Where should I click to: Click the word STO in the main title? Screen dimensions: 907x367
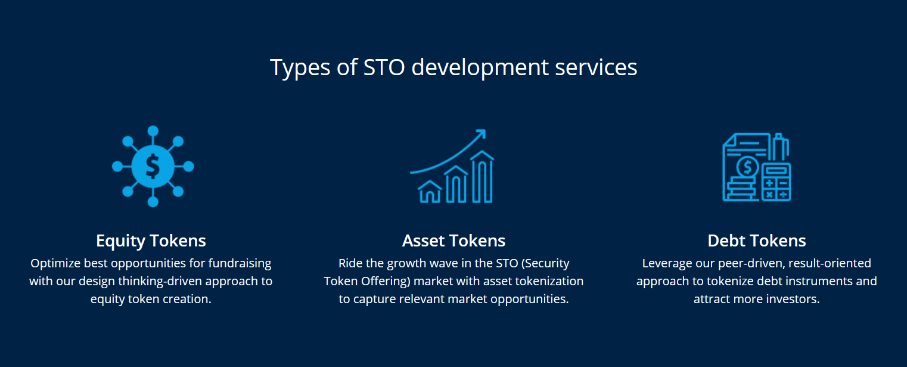[384, 67]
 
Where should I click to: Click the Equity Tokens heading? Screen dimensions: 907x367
[151, 241]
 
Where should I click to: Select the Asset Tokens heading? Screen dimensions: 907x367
[453, 241]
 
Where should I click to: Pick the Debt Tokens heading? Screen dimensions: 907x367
[757, 241]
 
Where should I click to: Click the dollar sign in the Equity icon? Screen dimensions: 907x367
[153, 166]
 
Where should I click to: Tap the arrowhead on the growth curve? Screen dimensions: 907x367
[481, 134]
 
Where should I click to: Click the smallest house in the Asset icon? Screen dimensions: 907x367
[430, 192]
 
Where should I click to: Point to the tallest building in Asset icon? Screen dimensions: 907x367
[482, 177]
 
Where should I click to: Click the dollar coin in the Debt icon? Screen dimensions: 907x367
[747, 166]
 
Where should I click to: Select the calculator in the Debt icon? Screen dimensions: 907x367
[776, 182]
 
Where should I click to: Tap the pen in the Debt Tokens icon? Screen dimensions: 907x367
[780, 147]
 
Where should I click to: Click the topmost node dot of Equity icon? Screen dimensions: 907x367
[153, 131]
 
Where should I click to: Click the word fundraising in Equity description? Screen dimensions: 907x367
[240, 264]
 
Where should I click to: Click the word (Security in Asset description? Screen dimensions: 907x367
[545, 264]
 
